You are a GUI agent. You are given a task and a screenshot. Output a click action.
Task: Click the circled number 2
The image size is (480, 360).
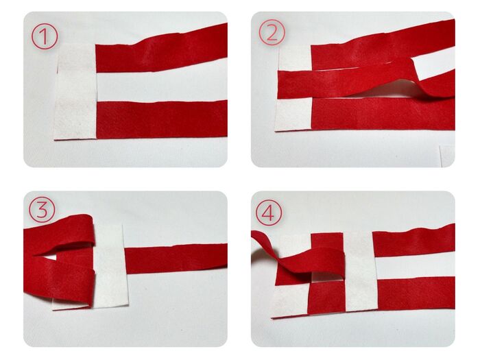point(272,32)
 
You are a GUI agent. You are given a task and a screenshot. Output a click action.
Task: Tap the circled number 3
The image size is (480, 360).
point(42,210)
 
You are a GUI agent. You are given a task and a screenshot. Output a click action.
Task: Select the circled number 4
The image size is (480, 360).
point(269,213)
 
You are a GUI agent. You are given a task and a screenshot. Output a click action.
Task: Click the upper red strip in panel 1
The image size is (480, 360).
point(162,51)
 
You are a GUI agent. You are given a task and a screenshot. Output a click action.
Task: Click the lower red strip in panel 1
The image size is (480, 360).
point(162,119)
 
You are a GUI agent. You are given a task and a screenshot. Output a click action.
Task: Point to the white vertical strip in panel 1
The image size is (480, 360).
point(75,91)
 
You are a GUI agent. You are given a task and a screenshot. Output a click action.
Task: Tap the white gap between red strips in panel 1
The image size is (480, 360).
point(162,86)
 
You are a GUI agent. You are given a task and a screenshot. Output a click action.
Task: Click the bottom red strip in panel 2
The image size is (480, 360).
point(383,113)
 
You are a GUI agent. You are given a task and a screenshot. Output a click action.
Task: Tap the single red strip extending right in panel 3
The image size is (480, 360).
point(176,259)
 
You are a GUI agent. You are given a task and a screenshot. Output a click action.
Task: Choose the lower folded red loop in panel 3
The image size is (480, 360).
point(58,280)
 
